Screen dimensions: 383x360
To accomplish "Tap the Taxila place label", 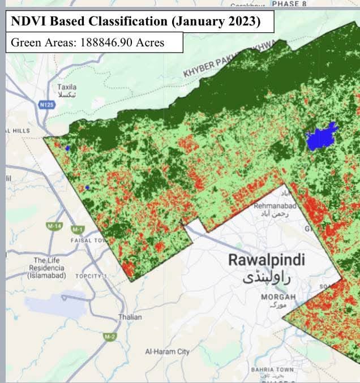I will point(67,87).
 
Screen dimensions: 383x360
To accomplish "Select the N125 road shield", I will point(46,105).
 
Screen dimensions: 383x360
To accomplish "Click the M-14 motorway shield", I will point(54,226).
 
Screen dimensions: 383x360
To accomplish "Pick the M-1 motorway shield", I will point(76,230).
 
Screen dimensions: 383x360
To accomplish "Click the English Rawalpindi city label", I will point(266,260).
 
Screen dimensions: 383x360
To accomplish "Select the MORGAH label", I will point(278,297).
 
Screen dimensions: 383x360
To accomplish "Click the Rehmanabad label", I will point(276,206).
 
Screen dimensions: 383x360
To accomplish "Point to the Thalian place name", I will point(130,317).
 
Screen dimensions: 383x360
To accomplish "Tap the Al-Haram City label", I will point(168,351).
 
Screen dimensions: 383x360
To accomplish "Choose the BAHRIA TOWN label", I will point(273,369).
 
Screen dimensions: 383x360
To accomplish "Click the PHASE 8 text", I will point(289,3).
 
